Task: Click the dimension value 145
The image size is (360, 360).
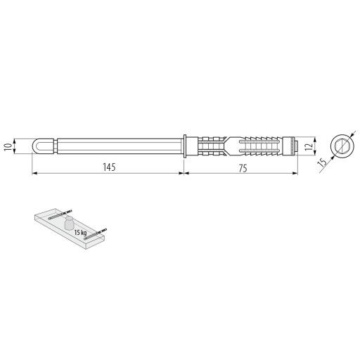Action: point(109,167)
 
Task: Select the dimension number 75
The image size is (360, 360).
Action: point(243,168)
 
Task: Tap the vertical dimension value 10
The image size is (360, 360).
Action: point(8,146)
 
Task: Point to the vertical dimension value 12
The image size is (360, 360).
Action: point(309,146)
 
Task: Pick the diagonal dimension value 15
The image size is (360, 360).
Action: point(322,162)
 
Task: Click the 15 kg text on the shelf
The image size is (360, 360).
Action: point(80,233)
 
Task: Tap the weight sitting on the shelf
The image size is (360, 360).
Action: point(69,223)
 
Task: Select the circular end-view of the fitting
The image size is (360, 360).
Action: point(342,146)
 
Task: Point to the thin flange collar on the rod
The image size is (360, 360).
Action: point(185,146)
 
